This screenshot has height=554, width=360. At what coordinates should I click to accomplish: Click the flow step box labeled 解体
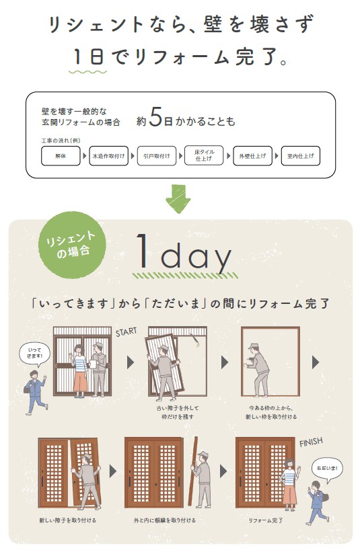tap(61, 156)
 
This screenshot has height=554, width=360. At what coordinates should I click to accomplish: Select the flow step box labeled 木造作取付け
tap(108, 156)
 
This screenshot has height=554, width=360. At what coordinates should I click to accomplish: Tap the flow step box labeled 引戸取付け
tap(157, 156)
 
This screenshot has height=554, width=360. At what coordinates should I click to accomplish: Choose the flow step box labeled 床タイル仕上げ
tap(205, 155)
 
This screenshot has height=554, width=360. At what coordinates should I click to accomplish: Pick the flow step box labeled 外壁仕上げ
tap(252, 156)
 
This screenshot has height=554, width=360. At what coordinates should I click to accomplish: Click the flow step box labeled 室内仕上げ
tap(301, 156)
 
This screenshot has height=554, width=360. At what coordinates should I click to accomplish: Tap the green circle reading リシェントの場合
tap(73, 245)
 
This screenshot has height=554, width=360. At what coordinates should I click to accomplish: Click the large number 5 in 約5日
tap(155, 117)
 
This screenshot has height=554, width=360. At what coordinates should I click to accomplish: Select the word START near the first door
tap(127, 331)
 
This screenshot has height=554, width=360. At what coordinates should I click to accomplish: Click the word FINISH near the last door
tap(311, 442)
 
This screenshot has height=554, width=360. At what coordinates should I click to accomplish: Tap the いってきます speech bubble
tap(35, 354)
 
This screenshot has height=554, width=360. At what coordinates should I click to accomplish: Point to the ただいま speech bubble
tap(327, 469)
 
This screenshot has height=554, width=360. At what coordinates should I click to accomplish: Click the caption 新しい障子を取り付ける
tap(67, 520)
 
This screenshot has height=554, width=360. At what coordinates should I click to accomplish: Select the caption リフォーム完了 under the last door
tap(266, 520)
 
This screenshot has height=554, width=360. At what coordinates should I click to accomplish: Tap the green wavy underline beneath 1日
tap(87, 72)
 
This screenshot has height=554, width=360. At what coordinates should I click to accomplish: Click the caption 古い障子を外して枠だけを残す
tap(178, 412)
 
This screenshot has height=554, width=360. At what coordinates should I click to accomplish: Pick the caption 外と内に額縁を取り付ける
tap(164, 520)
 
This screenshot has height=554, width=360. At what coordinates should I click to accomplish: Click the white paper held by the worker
tap(94, 364)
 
